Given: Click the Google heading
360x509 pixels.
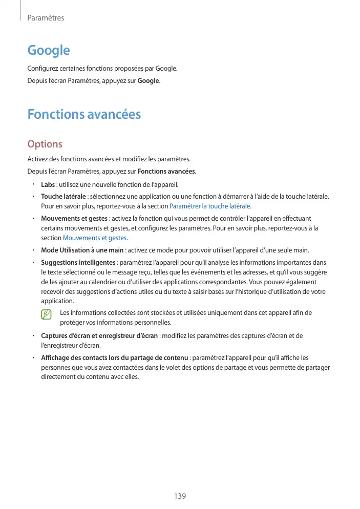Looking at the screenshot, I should (48, 50).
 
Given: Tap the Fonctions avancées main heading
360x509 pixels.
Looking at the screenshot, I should (84, 114).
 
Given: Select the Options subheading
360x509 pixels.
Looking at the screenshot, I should (45, 144).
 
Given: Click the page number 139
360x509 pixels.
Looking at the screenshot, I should (180, 496).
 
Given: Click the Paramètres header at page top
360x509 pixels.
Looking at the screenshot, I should (46, 18).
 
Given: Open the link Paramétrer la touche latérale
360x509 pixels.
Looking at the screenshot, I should (209, 206).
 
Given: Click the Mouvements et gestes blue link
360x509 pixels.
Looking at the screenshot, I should (95, 238).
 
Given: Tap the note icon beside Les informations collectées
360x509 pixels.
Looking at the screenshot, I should (47, 314).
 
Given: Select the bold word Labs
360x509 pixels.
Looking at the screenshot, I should (48, 184).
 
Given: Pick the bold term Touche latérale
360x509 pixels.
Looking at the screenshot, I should (63, 196).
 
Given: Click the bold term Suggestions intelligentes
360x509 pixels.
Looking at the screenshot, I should (78, 262).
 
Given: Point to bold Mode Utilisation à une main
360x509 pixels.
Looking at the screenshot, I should (82, 250).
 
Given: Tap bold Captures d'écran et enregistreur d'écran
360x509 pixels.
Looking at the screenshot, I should (100, 336).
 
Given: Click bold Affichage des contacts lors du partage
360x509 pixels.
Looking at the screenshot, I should (114, 357).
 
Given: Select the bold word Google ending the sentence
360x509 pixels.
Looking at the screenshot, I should (149, 81).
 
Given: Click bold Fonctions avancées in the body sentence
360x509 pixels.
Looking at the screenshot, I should (166, 171).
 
